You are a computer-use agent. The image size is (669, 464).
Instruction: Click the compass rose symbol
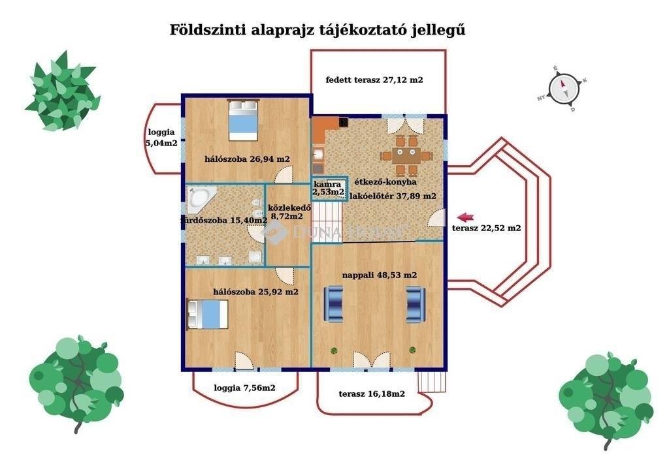point(563,88)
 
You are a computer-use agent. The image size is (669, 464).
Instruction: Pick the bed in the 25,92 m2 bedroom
point(208,315)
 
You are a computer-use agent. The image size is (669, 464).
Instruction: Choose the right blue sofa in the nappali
point(416,304)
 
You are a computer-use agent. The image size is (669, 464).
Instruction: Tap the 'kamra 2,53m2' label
point(328,187)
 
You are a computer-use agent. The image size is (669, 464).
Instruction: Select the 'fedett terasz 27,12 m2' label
point(374,81)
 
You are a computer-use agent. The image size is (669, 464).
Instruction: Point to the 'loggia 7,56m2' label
point(244,388)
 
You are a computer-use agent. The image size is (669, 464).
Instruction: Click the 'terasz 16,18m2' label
point(372,394)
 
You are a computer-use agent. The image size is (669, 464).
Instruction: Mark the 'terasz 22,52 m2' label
point(486,228)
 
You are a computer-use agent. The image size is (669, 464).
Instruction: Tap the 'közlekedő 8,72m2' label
point(286,211)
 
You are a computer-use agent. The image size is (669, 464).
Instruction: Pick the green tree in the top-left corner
point(61,92)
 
